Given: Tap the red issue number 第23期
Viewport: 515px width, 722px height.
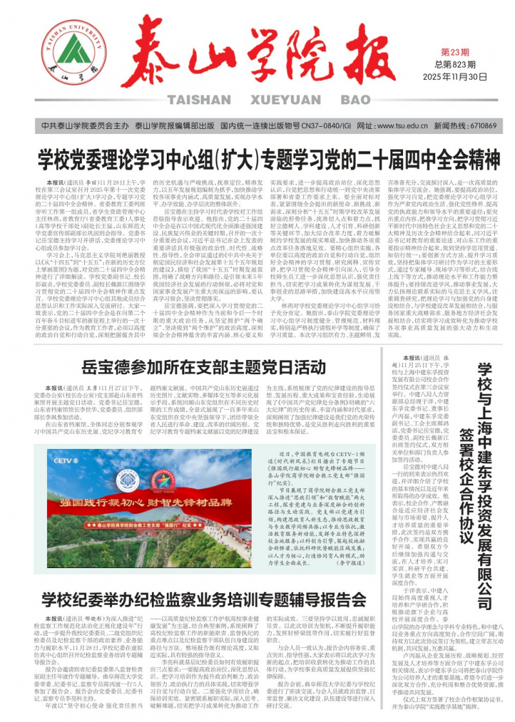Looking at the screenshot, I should click(x=454, y=52).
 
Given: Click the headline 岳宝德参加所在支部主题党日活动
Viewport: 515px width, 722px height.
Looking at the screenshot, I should click(x=203, y=368).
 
